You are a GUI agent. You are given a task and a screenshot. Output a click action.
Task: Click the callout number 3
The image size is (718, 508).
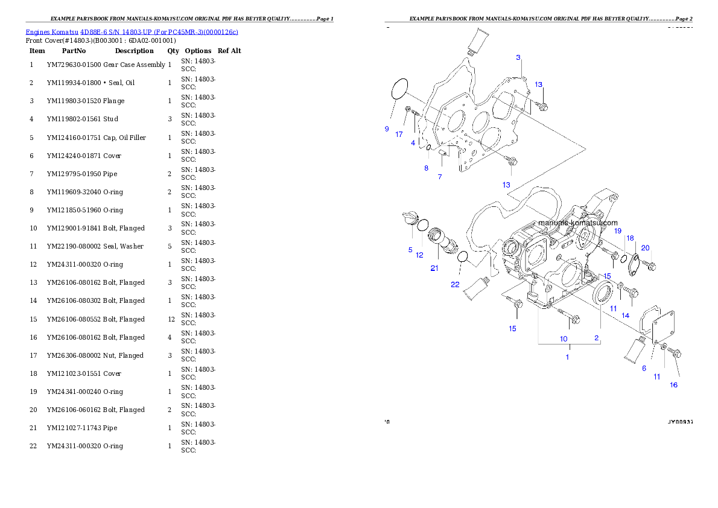(x=518, y=57)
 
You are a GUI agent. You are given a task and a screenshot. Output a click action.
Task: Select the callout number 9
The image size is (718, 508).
(x=386, y=129)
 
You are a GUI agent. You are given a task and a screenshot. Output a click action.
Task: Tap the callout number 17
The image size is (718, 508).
(x=399, y=135)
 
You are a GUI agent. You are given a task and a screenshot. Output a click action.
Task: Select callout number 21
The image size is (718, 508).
(x=434, y=268)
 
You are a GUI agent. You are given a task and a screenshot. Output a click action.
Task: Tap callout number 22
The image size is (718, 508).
(x=455, y=284)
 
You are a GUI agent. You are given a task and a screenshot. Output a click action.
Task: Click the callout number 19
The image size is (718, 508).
(x=618, y=230)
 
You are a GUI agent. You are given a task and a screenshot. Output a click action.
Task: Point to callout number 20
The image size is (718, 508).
(x=645, y=248)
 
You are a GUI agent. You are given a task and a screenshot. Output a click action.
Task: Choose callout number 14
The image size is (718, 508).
(x=626, y=316)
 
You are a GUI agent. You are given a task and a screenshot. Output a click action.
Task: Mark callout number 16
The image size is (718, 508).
(x=673, y=385)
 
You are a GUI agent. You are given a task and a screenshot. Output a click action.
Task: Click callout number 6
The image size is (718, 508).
(x=644, y=368)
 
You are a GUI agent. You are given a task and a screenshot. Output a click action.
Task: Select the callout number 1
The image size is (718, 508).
(x=567, y=357)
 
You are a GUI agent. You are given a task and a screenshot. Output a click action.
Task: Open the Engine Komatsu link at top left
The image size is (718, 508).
(x=132, y=31)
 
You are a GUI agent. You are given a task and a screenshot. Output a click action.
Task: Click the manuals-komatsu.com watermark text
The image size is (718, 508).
(x=577, y=223)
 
